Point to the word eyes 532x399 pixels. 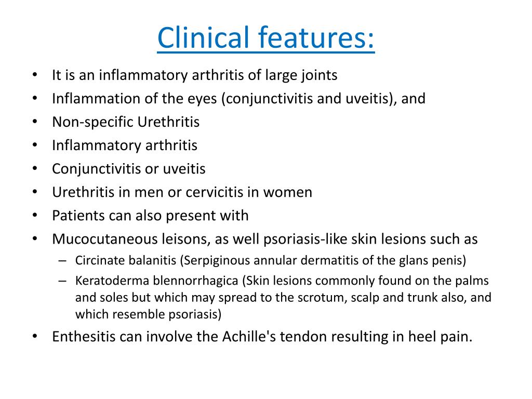tap(204, 99)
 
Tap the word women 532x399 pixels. tap(288, 192)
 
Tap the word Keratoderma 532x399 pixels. tap(103, 281)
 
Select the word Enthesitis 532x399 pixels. tap(84, 337)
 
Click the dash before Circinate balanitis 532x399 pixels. tap(63, 260)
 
